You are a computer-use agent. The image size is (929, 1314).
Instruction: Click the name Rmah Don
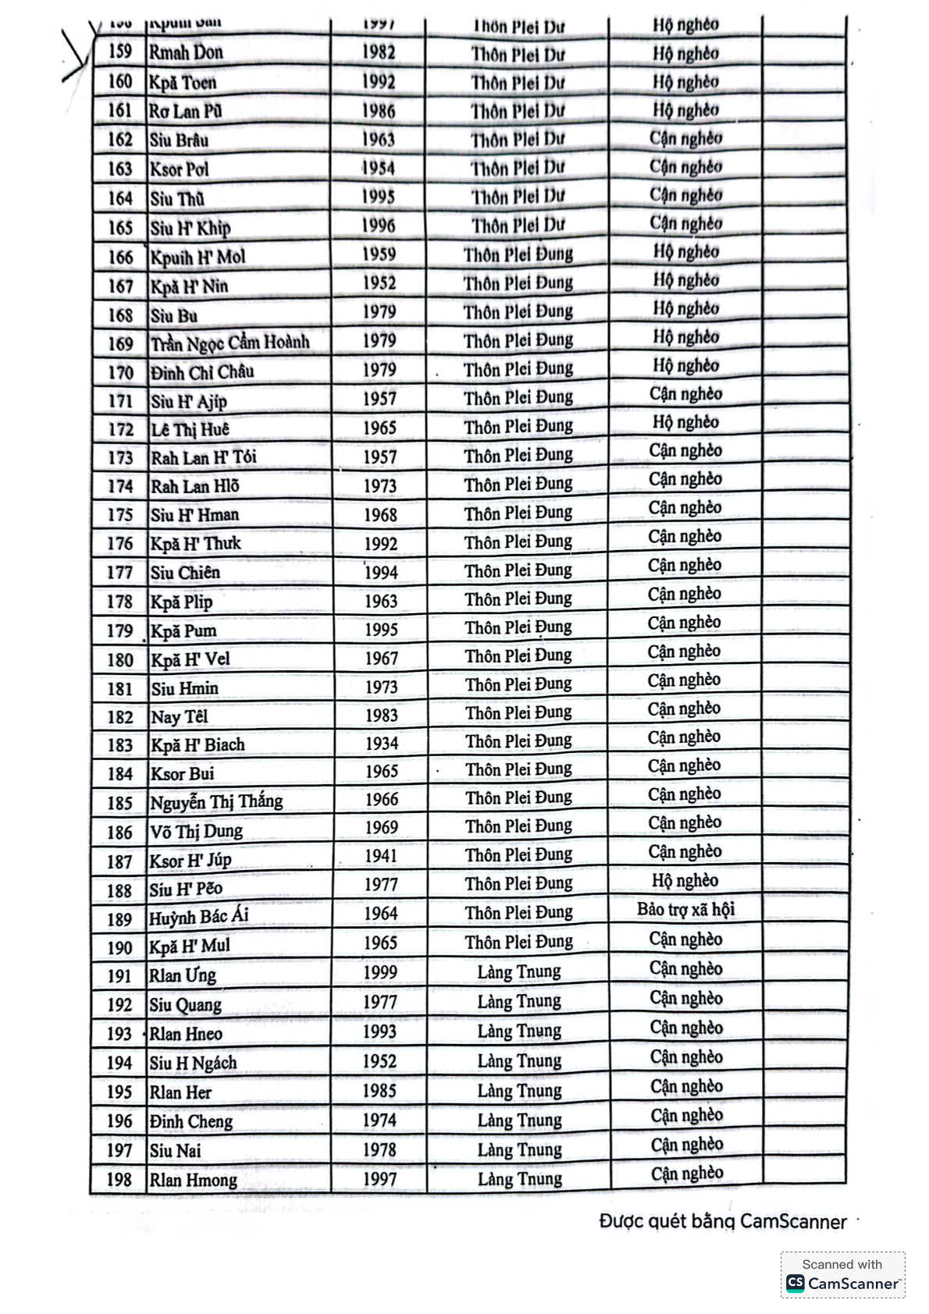(186, 53)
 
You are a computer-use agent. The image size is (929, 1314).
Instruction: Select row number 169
(120, 344)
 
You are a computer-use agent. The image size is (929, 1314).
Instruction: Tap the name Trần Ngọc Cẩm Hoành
(230, 343)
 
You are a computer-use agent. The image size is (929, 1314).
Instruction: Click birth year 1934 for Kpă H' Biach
(381, 744)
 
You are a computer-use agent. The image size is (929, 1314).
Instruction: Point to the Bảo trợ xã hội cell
(685, 910)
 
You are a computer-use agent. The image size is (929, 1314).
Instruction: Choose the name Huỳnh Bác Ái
(198, 917)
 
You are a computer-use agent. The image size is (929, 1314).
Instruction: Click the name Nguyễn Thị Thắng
(216, 802)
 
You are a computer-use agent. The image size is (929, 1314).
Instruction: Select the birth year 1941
(381, 856)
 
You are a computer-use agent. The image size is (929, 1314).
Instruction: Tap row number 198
(119, 1179)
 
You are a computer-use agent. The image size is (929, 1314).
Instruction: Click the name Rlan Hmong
(193, 1180)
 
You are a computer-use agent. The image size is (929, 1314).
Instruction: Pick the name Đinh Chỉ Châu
(202, 372)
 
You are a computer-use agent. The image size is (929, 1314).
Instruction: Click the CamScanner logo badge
(842, 1275)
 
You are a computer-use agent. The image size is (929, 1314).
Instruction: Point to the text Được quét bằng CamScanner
(722, 1221)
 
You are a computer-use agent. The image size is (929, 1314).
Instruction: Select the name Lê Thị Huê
(190, 429)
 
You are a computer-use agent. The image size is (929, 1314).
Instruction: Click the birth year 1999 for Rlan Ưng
(380, 972)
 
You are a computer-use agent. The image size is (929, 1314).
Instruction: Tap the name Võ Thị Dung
(196, 832)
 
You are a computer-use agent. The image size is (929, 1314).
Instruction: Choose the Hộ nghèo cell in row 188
(685, 881)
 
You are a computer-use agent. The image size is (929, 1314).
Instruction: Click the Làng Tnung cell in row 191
(519, 972)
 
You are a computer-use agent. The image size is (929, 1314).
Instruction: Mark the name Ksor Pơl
(179, 169)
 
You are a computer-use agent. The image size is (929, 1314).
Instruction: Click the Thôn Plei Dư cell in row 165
(517, 226)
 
